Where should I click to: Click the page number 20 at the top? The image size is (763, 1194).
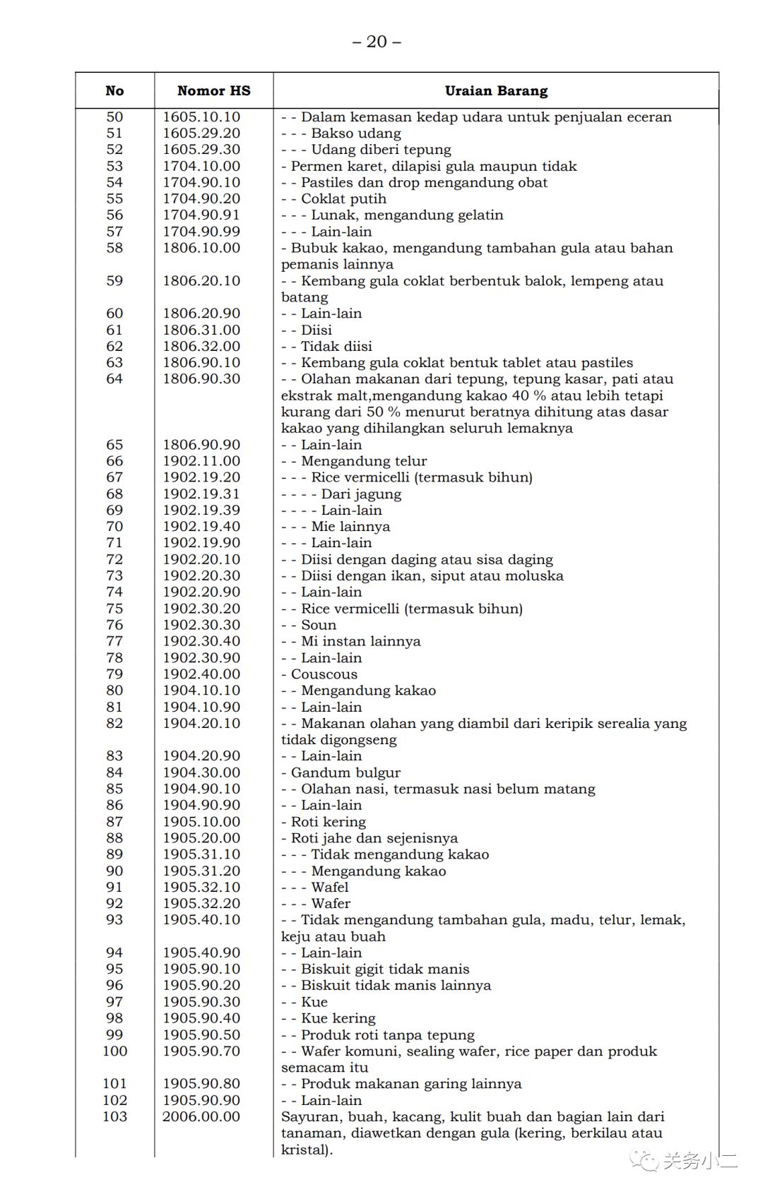377,42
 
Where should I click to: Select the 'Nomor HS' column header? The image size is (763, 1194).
213,90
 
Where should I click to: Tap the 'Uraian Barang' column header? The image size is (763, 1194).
496,90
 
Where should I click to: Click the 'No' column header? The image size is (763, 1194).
114,90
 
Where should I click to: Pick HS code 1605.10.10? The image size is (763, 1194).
201,117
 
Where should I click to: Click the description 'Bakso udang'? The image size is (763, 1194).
356,133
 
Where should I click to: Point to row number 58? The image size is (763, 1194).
114,248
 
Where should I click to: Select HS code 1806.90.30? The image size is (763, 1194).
201,379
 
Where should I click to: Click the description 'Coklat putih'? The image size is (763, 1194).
343,199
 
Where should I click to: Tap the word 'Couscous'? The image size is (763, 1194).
324,674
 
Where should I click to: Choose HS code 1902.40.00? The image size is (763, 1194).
201,674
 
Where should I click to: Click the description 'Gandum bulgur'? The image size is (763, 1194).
345,772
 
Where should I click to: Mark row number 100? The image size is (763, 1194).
114,1051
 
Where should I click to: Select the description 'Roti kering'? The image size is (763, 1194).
329,822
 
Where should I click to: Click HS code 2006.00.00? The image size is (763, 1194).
201,1117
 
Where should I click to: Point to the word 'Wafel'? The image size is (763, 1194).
330,888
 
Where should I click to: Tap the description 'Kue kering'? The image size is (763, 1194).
338,1018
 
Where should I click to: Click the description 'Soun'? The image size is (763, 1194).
319,625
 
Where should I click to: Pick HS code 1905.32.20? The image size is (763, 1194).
201,904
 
